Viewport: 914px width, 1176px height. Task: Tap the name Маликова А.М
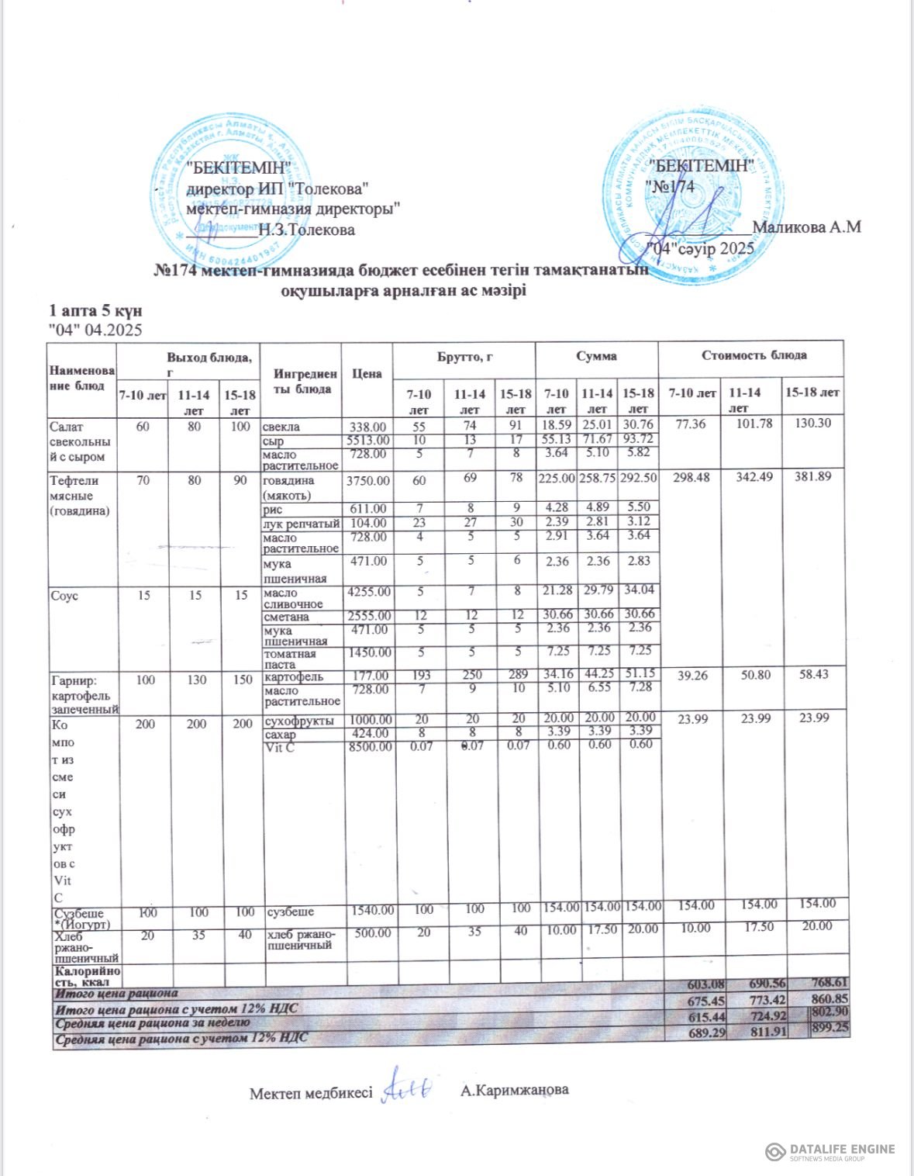[x=806, y=227]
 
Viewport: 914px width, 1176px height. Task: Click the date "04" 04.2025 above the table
[x=95, y=330]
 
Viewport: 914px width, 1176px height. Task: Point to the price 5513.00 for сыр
[x=367, y=441]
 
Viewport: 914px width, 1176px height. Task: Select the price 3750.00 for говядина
[x=367, y=481]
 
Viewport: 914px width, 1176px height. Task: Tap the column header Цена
[x=367, y=374]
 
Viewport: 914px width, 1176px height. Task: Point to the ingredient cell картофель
[x=293, y=676]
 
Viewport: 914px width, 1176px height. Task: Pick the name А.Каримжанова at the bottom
[x=514, y=1090]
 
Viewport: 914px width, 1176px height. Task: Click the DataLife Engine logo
[x=829, y=1152]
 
